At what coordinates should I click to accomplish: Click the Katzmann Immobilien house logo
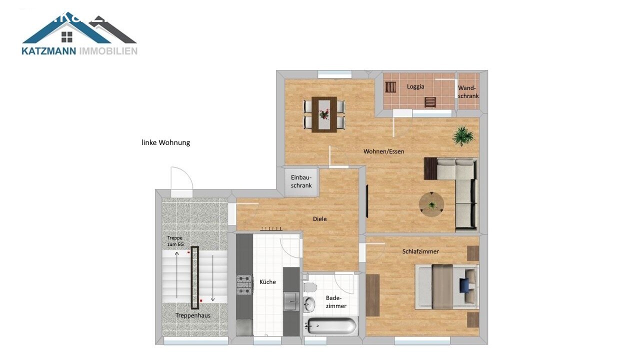click(x=79, y=34)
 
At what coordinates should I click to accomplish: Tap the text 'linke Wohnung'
click(x=165, y=142)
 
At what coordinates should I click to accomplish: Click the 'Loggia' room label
click(x=415, y=86)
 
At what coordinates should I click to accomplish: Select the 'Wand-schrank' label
click(x=468, y=92)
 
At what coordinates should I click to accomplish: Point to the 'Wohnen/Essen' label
click(x=383, y=151)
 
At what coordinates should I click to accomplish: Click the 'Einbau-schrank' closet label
click(x=301, y=181)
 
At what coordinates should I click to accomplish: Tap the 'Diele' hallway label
click(x=320, y=219)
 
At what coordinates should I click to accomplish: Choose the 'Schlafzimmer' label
click(x=420, y=251)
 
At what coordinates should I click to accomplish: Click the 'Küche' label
click(x=267, y=282)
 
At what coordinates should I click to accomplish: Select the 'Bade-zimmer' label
click(x=335, y=302)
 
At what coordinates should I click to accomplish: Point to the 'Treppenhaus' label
click(x=193, y=316)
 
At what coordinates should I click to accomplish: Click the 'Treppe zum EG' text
click(x=175, y=241)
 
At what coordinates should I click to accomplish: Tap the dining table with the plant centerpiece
click(x=324, y=114)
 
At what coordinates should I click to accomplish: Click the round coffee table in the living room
click(x=431, y=204)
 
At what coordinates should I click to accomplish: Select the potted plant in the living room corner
click(x=463, y=135)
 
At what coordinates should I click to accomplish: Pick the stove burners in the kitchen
click(x=243, y=284)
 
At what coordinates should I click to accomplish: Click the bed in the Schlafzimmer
click(x=446, y=286)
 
